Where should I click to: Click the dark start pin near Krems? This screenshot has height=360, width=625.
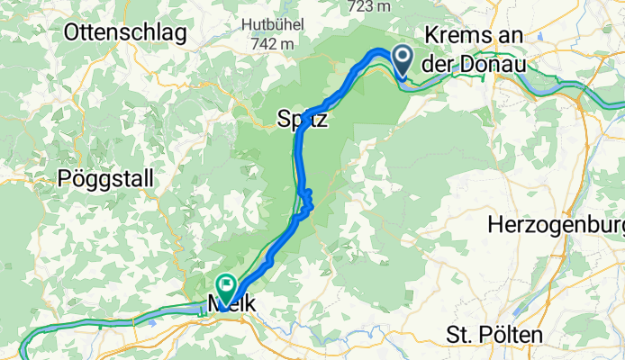[401, 60]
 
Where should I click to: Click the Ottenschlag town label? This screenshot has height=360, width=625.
[125, 34]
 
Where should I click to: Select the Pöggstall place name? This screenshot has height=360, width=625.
[101, 176]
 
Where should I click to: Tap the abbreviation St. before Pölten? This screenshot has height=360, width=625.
[460, 336]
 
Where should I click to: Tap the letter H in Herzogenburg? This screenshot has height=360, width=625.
[494, 224]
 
